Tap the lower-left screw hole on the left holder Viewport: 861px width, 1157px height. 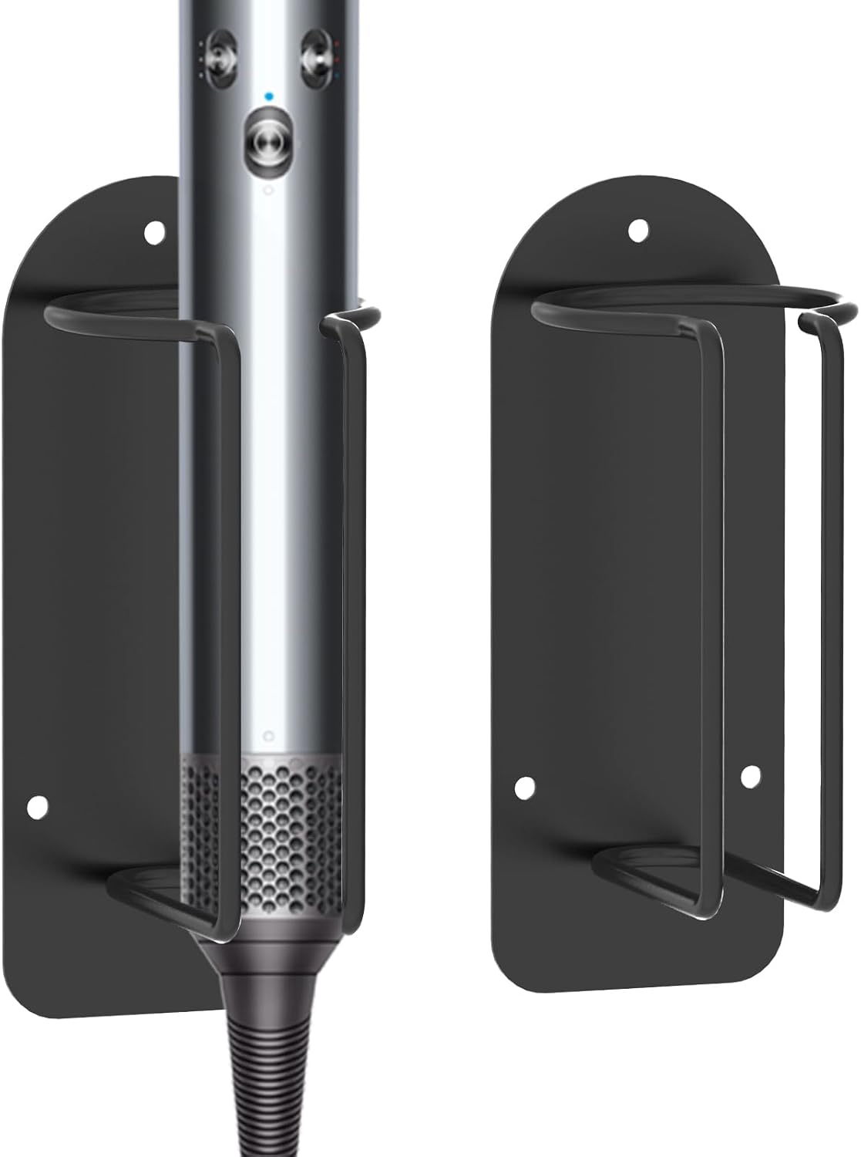pos(35,806)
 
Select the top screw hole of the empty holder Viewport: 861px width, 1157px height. pos(637,229)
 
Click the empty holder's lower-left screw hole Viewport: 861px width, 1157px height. pos(524,787)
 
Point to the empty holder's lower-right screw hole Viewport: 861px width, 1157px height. pos(750,777)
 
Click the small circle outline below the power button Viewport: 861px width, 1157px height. pos(267,190)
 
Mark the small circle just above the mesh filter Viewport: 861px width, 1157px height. pos(267,733)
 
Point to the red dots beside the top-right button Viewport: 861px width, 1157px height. pos(337,59)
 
